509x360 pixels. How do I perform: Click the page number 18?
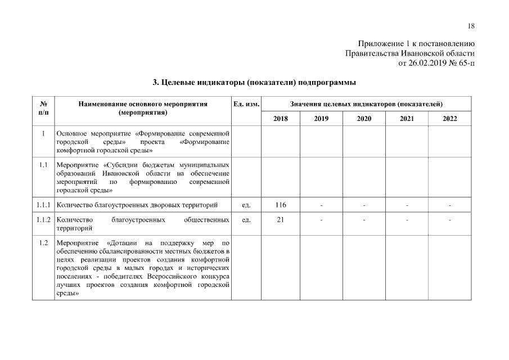point(471,26)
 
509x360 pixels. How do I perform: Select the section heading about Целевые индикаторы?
point(254,82)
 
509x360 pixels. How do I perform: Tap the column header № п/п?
point(43,108)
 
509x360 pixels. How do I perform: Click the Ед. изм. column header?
point(246,104)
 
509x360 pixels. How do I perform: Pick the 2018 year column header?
point(280,119)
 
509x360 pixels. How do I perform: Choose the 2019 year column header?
point(321,119)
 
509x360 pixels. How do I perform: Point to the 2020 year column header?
point(364,119)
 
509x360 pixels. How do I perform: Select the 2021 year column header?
point(407,119)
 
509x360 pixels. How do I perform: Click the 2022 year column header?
point(449,119)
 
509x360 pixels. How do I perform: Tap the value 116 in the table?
point(280,205)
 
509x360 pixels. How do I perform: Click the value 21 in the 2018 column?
point(280,219)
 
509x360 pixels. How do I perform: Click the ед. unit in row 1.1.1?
point(246,205)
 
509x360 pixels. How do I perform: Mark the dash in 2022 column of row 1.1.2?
point(449,219)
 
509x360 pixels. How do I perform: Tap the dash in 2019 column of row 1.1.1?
point(321,205)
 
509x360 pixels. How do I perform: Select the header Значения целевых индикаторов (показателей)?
point(366,104)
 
